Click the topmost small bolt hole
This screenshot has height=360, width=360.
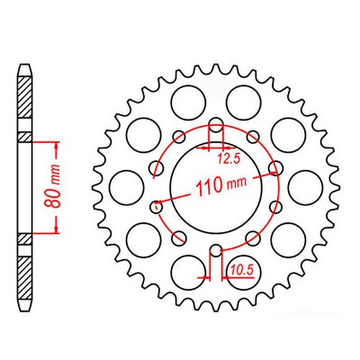tap(215, 122)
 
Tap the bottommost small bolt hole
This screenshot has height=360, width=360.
tap(215, 252)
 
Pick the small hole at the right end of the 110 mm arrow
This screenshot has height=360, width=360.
tap(274, 168)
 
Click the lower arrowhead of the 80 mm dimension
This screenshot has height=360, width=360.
tap(55, 231)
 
